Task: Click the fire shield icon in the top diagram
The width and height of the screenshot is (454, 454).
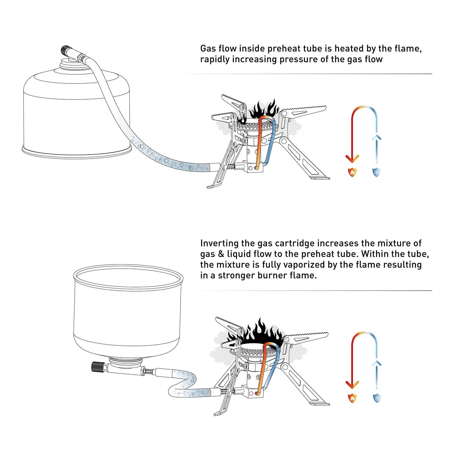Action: click(352, 172)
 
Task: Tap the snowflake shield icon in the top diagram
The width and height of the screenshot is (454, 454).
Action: click(376, 172)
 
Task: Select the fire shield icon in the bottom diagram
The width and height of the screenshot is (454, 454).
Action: click(352, 398)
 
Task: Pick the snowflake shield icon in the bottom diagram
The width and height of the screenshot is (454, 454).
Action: click(376, 398)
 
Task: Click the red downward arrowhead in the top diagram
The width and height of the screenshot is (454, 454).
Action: click(352, 159)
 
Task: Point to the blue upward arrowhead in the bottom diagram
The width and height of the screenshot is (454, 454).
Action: click(376, 364)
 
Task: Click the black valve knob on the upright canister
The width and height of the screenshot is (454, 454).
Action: click(65, 50)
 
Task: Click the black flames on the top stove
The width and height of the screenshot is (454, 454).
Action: click(264, 110)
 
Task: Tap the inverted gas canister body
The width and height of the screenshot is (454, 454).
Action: click(127, 314)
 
